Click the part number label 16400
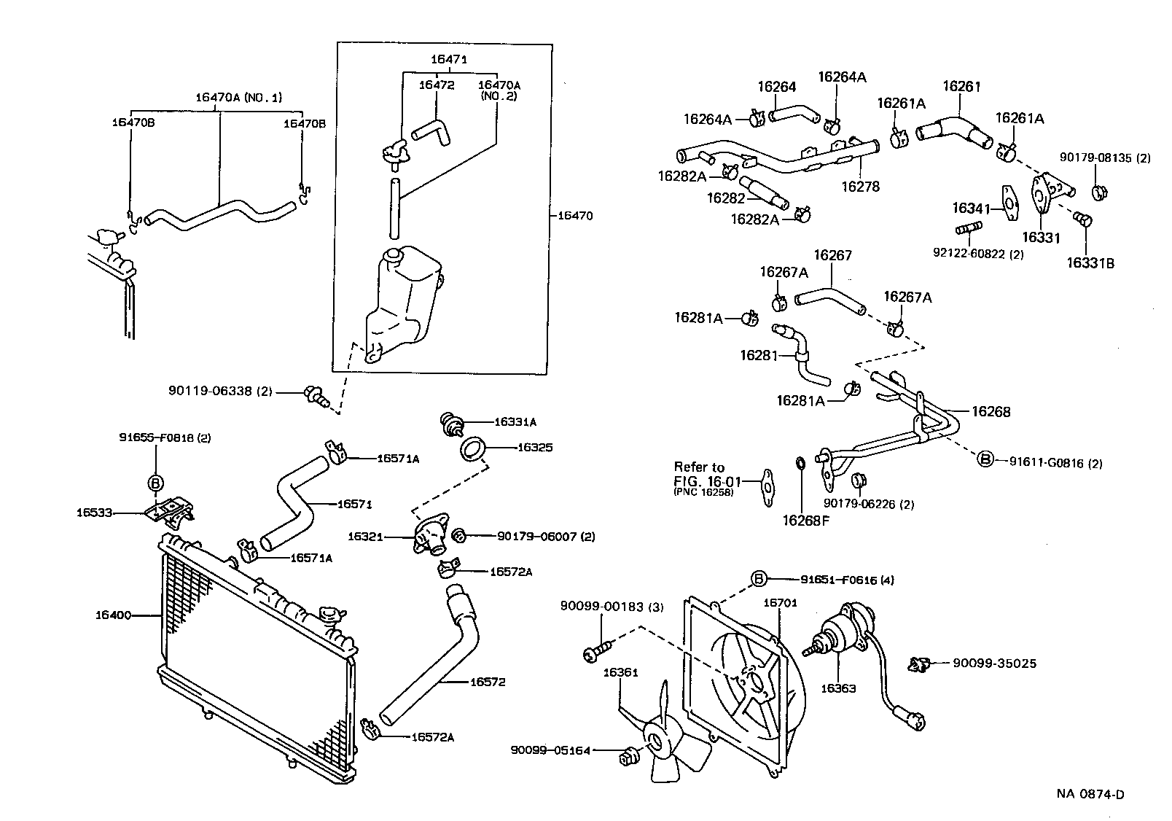pos(112,615)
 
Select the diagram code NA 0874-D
pos(1090,795)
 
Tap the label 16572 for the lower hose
pos(487,682)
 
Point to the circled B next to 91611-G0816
pos(985,459)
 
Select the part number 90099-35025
pos(994,664)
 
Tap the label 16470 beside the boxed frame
pos(575,216)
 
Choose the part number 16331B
pos(1090,263)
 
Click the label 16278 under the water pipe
pos(860,187)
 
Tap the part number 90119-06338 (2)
pos(219,392)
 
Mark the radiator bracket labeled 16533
pos(171,510)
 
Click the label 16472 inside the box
pos(436,85)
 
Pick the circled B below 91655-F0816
pos(157,482)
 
